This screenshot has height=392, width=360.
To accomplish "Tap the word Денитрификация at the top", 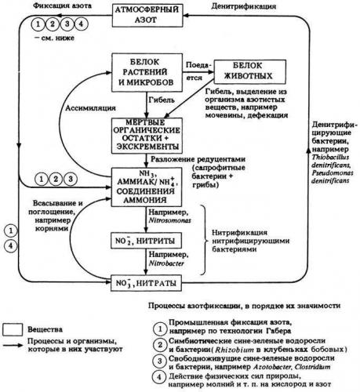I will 249,6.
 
